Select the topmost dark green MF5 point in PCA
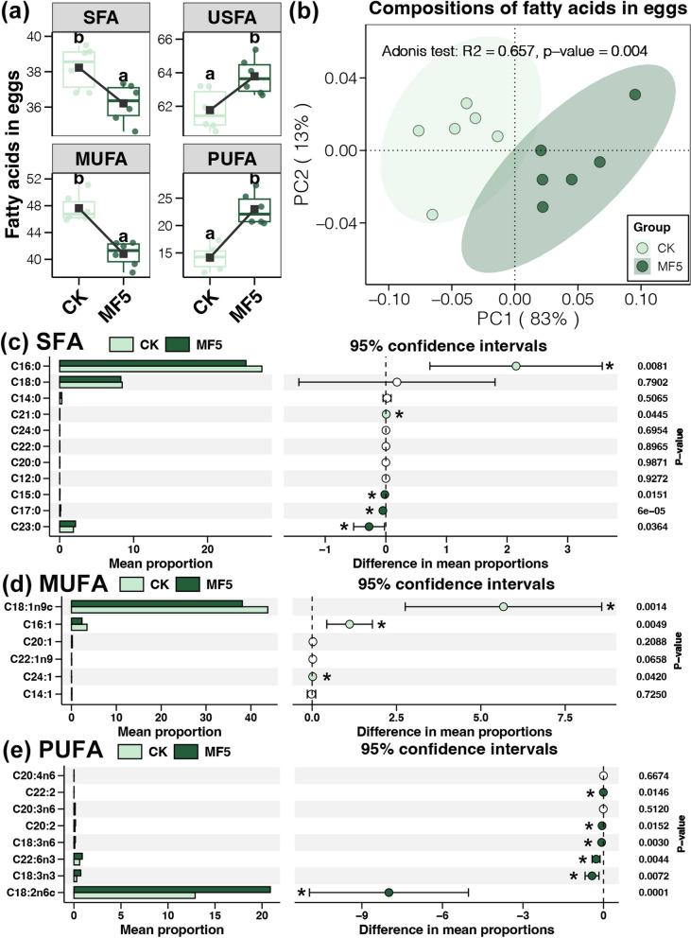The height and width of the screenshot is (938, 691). click(x=635, y=95)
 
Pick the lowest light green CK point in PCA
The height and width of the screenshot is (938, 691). click(x=432, y=215)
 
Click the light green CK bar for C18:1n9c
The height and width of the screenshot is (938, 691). click(x=169, y=611)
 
